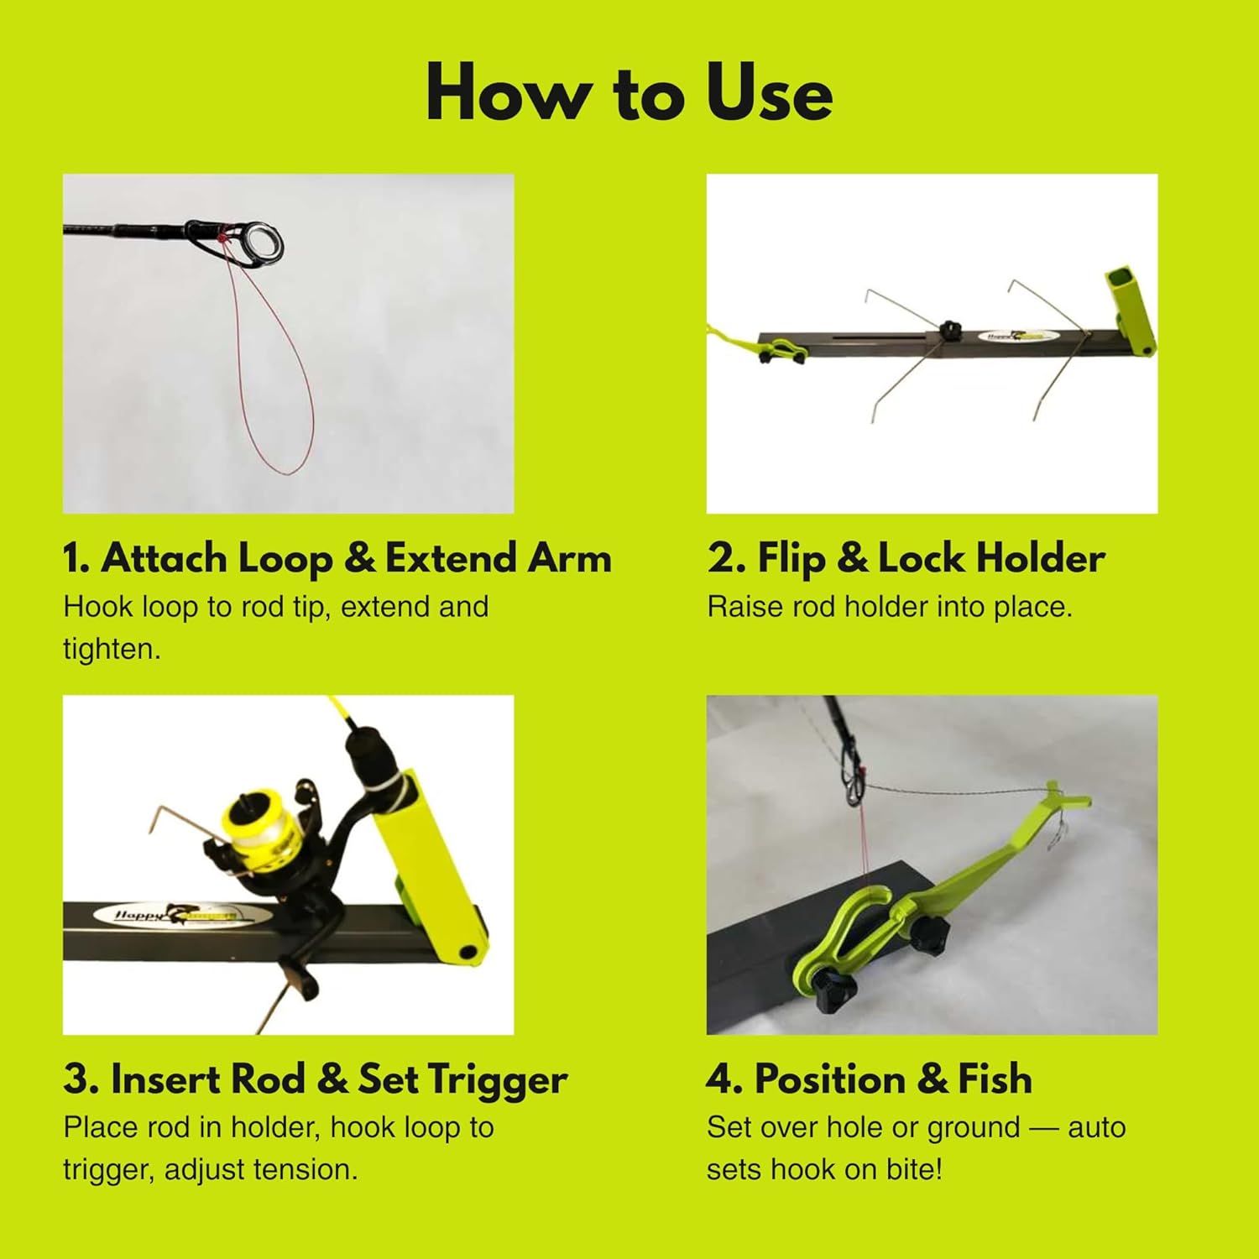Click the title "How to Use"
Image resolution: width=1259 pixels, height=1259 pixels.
[629, 93]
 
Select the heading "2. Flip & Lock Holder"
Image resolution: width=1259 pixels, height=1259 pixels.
[906, 559]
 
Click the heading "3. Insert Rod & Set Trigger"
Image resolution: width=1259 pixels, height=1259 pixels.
[315, 1079]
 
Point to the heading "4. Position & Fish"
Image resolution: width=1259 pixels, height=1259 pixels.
[869, 1079]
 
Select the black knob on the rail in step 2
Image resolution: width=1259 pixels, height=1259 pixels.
[950, 330]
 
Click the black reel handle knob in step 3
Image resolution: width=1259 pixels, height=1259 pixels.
[300, 980]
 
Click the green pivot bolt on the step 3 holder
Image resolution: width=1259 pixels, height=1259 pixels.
[468, 953]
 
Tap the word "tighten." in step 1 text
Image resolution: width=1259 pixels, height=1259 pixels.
[112, 649]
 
